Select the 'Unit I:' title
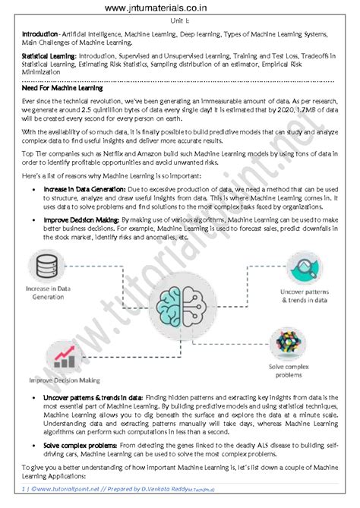[x=181, y=21]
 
